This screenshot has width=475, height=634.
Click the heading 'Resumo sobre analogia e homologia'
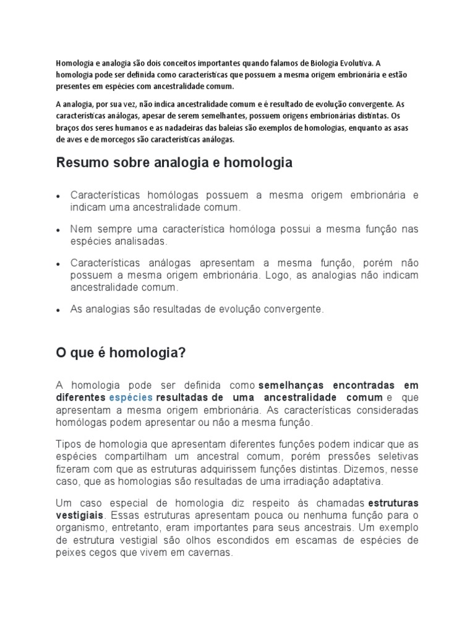(x=174, y=163)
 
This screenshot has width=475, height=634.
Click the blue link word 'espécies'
(x=131, y=397)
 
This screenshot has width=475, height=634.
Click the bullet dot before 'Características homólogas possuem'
(x=58, y=196)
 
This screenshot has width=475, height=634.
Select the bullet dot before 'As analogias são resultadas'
(x=58, y=310)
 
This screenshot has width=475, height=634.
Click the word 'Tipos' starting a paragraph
(x=68, y=445)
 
